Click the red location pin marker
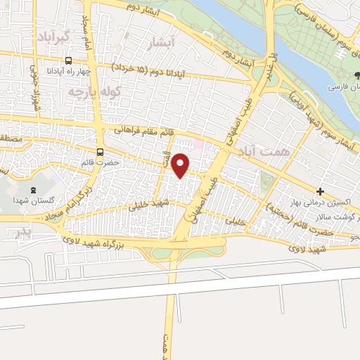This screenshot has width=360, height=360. pos(181,165)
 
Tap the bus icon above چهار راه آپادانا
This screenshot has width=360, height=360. pos(69,61)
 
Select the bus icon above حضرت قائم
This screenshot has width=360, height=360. pos(100,152)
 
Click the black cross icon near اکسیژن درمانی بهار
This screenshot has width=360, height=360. pos(320,191)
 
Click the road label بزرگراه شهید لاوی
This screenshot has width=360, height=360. pos(103,243)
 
